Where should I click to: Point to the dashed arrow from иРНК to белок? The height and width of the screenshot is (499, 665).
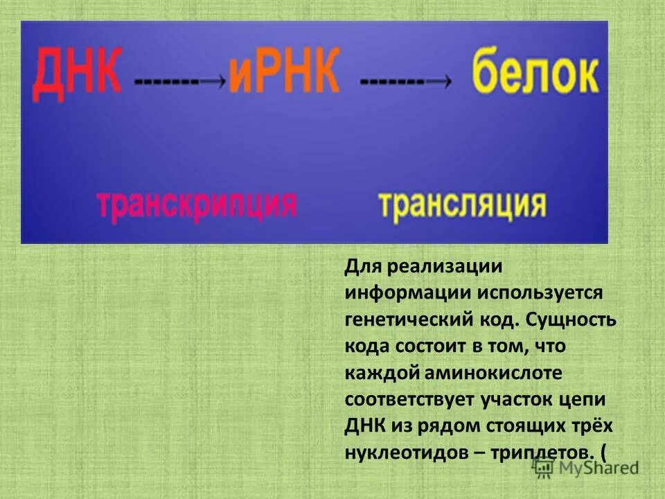point(406,80)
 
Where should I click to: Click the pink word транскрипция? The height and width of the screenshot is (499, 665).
point(197,205)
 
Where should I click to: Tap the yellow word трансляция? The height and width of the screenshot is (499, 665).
point(462,205)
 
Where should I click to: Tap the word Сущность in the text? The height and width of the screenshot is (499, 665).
point(571,320)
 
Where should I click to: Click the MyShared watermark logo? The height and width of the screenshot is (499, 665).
point(587,467)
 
